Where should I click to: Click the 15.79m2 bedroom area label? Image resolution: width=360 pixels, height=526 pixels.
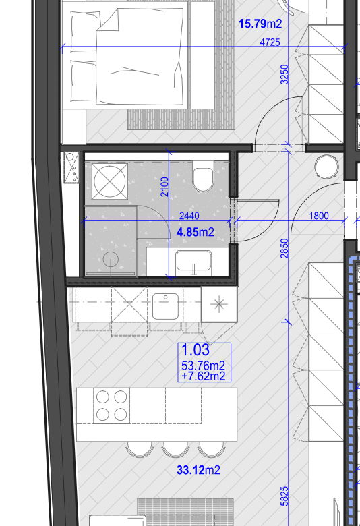click(260, 24)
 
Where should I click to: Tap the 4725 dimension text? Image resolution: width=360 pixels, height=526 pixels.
click(270, 42)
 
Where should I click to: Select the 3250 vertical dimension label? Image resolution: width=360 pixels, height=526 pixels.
click(284, 74)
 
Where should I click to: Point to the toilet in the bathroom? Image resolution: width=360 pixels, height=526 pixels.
click(204, 177)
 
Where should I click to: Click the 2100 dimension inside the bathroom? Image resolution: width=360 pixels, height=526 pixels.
click(164, 187)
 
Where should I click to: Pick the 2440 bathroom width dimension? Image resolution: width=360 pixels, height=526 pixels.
click(189, 216)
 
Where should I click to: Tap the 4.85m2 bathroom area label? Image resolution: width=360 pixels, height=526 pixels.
click(196, 232)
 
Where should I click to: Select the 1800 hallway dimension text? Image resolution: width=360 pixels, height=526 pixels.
click(319, 216)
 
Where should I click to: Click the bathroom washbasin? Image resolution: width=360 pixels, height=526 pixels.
click(193, 261)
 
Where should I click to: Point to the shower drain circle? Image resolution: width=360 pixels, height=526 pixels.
click(111, 260)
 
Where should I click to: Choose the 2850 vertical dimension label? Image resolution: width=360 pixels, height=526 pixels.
click(284, 248)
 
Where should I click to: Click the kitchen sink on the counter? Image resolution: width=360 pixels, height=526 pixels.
click(165, 306)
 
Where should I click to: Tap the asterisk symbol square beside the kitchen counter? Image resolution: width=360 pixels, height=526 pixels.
click(219, 304)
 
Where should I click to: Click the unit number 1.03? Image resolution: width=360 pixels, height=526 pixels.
click(196, 350)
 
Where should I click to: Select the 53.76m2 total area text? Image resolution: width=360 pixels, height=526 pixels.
click(203, 366)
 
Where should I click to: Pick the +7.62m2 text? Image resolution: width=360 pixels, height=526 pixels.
click(203, 376)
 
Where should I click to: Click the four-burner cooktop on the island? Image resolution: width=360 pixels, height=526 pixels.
click(111, 406)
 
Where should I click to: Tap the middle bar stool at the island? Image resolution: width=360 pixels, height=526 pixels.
click(175, 450)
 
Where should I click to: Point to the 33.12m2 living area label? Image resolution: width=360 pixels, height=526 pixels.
click(198, 470)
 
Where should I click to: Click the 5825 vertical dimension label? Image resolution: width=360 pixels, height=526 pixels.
click(284, 496)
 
